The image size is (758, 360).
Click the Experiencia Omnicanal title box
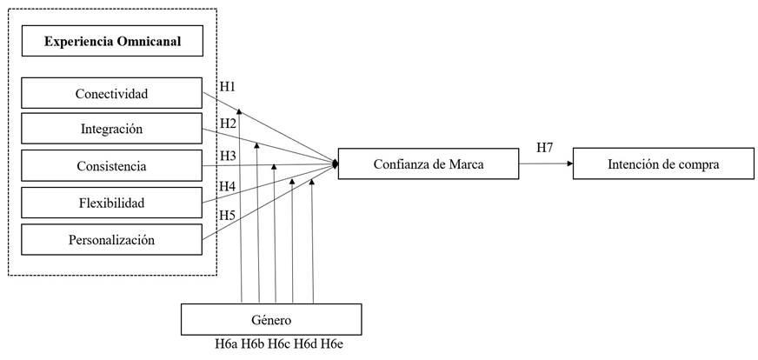[x=112, y=41]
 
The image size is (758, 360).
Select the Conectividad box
[x=110, y=93]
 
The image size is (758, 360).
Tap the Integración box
[x=110, y=129]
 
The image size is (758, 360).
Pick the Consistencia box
[x=110, y=166]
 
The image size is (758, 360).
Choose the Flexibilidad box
[x=110, y=203]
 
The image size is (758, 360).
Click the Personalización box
[x=110, y=239]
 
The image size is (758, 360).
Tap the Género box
[x=269, y=318]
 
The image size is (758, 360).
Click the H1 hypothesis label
[x=228, y=87]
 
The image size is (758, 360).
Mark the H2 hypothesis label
[x=228, y=123]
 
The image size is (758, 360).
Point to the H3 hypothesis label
[x=228, y=157]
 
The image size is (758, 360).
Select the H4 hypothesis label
[x=228, y=186]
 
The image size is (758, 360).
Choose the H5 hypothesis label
[x=228, y=215]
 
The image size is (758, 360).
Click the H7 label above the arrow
[x=545, y=147]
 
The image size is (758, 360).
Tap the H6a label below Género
[x=227, y=344]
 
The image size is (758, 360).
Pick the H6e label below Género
[x=331, y=344]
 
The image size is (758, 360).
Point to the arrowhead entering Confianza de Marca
[x=334, y=163]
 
